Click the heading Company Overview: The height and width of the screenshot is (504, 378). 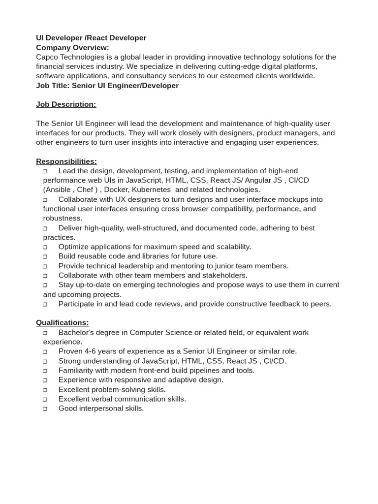click(x=72, y=47)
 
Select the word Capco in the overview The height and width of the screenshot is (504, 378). click(x=47, y=57)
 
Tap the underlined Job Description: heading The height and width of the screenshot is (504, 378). click(x=66, y=104)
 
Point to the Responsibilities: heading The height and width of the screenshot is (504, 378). click(x=66, y=161)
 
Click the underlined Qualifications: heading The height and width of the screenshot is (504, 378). click(x=63, y=322)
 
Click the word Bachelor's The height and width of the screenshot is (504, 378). click(x=76, y=332)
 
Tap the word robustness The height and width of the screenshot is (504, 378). click(x=63, y=218)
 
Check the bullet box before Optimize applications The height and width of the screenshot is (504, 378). click(x=45, y=247)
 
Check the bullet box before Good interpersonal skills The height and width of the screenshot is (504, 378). click(x=45, y=409)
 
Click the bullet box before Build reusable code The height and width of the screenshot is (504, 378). click(x=45, y=256)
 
